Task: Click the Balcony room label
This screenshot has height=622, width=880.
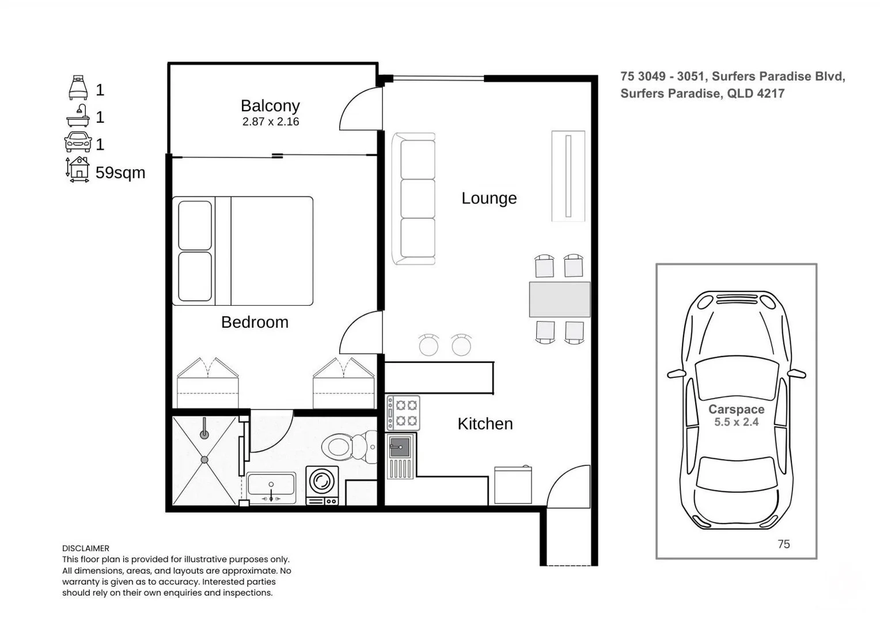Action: pos(270,106)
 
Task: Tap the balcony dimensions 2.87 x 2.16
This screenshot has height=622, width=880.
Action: pos(270,122)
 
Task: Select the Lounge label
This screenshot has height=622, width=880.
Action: pos(489,198)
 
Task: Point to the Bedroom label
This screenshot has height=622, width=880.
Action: pos(255,322)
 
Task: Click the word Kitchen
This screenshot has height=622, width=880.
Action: pos(485,424)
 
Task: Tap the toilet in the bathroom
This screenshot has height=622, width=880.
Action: pos(349,446)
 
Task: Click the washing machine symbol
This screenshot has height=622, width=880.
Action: pos(322,486)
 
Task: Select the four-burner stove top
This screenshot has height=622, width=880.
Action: pos(403,413)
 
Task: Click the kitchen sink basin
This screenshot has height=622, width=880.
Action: pos(400,447)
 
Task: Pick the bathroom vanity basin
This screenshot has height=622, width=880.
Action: pos(271,487)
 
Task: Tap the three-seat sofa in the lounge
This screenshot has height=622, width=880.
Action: pos(414,199)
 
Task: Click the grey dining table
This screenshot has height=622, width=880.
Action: pos(559,299)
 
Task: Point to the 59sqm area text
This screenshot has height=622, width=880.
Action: pos(120,173)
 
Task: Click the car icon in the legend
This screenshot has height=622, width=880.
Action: pos(78,142)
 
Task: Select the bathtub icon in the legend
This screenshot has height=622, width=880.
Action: pos(78,115)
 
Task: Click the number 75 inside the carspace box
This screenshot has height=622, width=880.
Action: pos(783,544)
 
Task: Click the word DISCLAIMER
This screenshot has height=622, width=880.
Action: pos(86,548)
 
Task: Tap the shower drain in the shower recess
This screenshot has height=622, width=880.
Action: pos(204,460)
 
